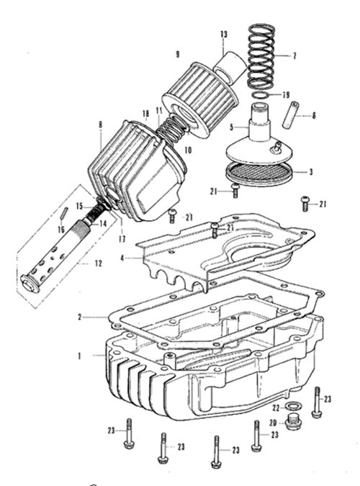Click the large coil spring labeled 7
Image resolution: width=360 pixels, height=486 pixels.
[x=261, y=56]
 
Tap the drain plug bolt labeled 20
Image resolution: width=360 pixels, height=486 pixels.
[x=294, y=421]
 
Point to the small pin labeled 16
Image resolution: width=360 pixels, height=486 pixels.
[x=64, y=213]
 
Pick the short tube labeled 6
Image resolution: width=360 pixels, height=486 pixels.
[x=289, y=114]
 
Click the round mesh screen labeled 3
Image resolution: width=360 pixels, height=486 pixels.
[x=259, y=174]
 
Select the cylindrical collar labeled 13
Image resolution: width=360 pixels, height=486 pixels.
[x=230, y=68]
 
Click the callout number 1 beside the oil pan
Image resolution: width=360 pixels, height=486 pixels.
[x=79, y=356]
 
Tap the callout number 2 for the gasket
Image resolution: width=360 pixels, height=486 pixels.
[x=80, y=318]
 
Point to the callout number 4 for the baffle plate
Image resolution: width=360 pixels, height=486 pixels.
[x=122, y=258]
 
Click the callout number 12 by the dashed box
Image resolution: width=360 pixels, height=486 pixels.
[x=98, y=264]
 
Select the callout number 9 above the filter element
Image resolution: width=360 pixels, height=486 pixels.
[x=177, y=54]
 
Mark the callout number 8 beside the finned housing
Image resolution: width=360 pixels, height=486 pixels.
[x=100, y=125]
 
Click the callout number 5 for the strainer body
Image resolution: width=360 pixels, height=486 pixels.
[x=232, y=127]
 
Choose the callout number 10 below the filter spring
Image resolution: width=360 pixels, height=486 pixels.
[x=188, y=150]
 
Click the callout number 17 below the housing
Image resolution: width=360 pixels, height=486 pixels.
[x=122, y=239]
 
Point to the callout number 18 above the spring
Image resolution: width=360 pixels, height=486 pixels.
[x=145, y=114]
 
